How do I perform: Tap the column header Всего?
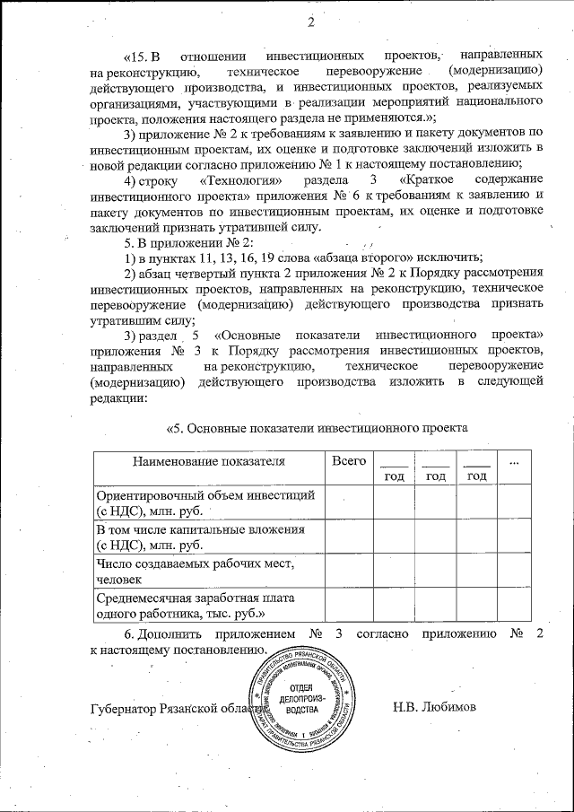pos(348,460)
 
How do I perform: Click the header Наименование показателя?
pos(209,461)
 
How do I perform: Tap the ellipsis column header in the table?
pos(514,461)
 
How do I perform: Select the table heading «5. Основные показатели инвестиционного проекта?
pos(318,427)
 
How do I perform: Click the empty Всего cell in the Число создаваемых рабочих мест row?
pos(348,572)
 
